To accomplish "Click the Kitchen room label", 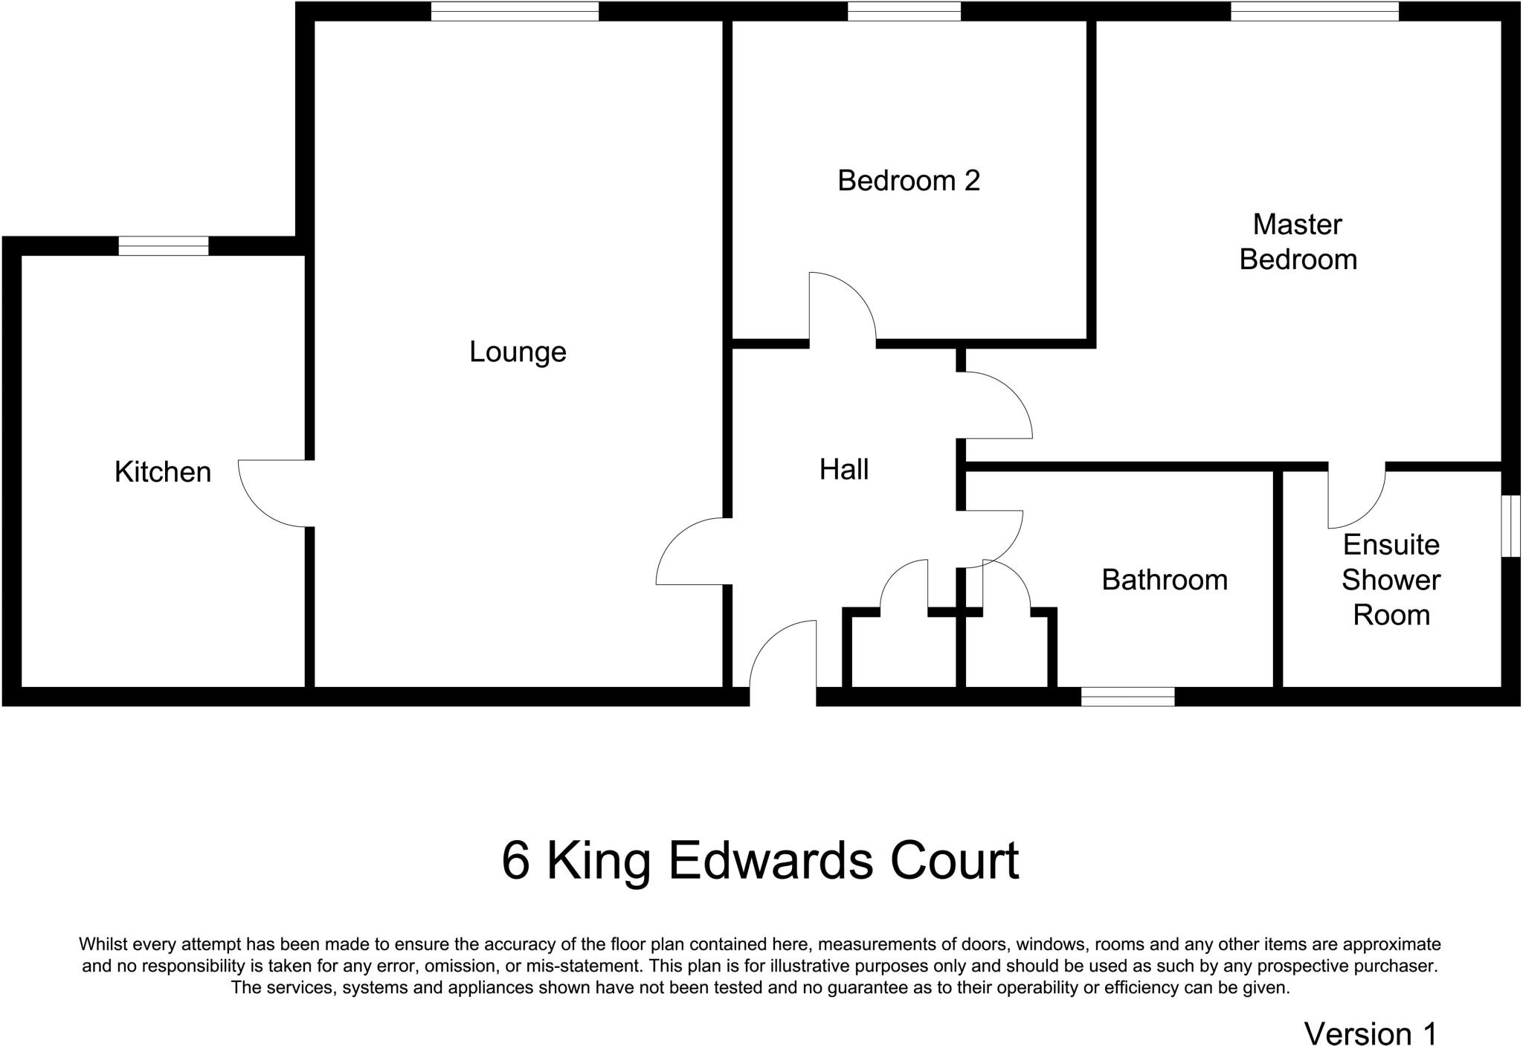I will point(163,472).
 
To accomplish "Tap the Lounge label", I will point(518,352).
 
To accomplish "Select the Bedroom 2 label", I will point(908,181).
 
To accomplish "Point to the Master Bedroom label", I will point(1298,242).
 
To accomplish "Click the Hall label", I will point(844,470).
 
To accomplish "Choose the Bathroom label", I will point(1164,580).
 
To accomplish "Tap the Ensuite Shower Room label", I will point(1391,580).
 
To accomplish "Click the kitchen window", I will point(163,245).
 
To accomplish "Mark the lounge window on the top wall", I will point(515,11).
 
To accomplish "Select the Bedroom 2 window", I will point(904,11).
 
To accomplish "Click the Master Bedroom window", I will point(1314,11).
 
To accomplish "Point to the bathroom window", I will point(1127,697).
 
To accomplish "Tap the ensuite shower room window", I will point(1510,526).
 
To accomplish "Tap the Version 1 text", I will point(1371,1033).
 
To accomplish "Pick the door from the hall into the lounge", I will point(691,551).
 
